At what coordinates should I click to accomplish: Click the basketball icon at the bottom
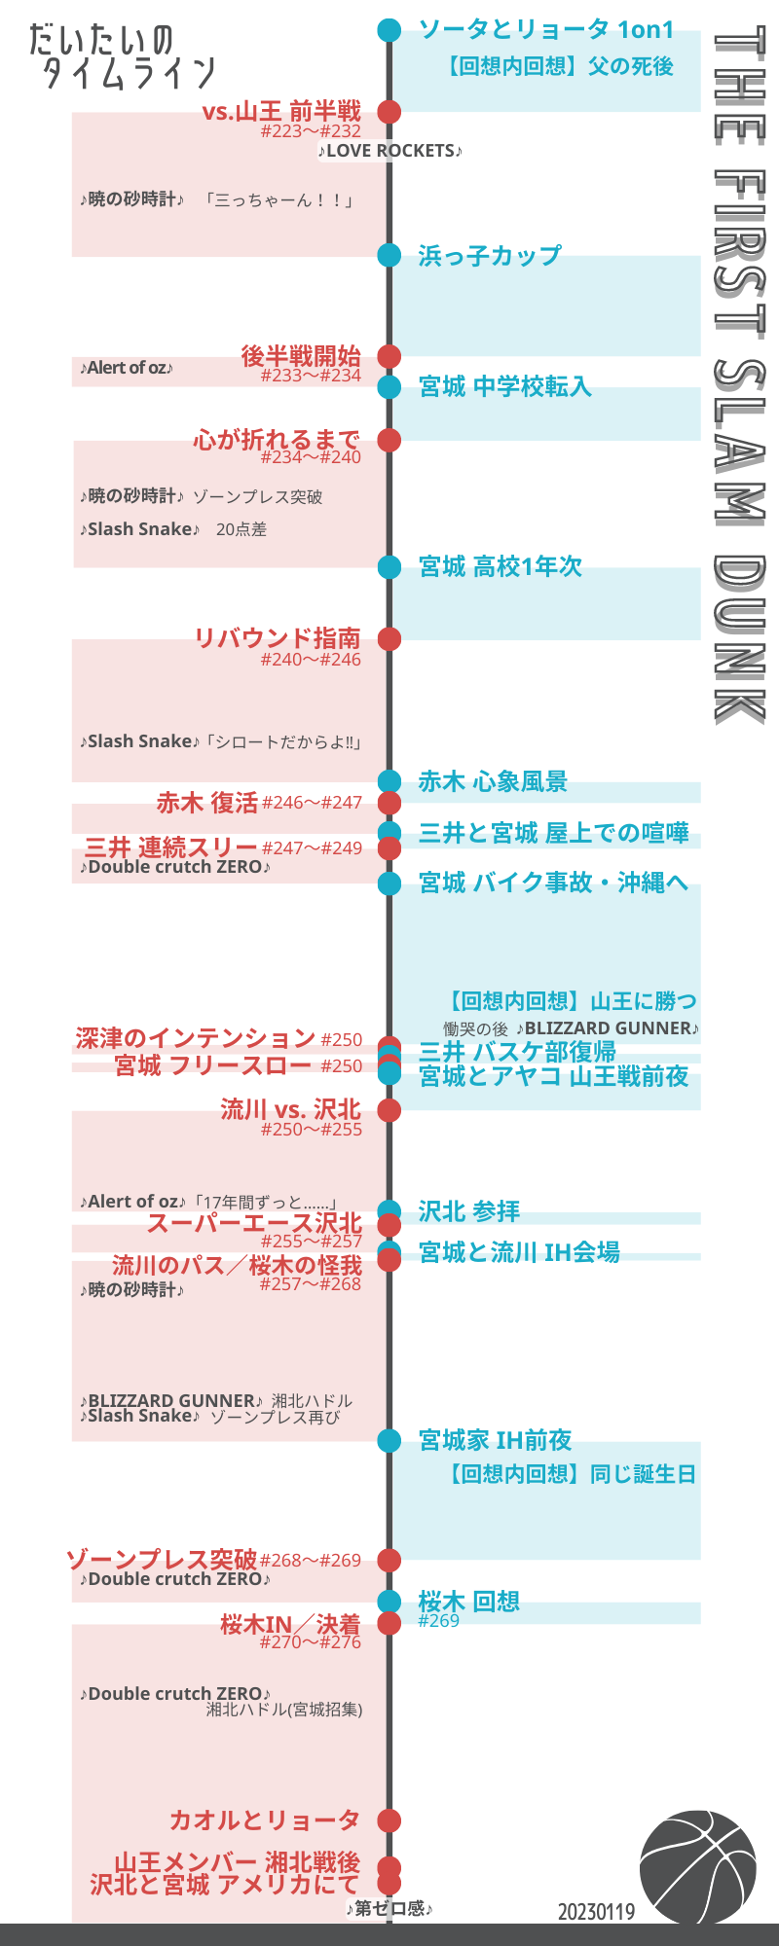[697, 1867]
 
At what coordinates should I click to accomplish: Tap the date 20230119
[596, 1912]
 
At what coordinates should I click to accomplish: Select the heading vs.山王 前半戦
[281, 111]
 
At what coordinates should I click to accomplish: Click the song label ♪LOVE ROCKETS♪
[389, 151]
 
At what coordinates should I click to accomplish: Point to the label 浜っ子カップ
[490, 256]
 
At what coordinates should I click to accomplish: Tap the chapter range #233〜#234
[311, 376]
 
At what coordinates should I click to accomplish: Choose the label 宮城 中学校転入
[505, 387]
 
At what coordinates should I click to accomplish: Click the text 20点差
[241, 529]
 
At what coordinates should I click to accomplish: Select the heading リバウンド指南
[278, 638]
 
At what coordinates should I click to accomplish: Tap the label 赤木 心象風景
[493, 781]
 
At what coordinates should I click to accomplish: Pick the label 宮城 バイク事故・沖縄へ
[553, 883]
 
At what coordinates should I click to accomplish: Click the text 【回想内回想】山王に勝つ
[572, 1001]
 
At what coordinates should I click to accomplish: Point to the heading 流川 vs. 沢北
[290, 1109]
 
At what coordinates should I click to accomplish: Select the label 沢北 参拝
[469, 1211]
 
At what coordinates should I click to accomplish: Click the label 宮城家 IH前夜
[496, 1440]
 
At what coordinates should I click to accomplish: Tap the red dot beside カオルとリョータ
[389, 1820]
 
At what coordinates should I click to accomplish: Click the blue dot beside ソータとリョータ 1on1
[389, 30]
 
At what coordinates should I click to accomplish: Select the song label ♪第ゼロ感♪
[389, 1909]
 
